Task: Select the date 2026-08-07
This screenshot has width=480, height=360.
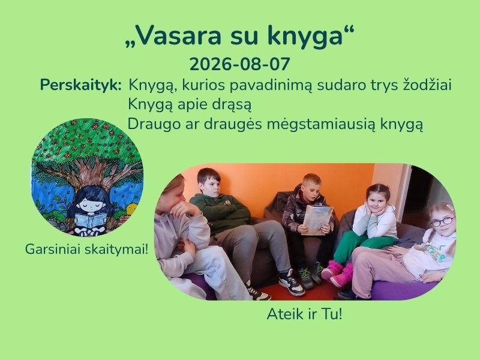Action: coord(239,64)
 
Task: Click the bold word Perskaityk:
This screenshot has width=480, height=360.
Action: coord(81,85)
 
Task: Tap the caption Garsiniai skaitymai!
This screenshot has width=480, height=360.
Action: coord(86,249)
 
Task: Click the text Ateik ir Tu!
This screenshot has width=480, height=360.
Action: coord(304,314)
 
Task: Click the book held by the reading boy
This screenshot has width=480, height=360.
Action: coord(317,220)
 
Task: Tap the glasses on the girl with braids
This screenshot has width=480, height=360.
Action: coord(443,221)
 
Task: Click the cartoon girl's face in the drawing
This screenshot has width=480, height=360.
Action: coord(91,204)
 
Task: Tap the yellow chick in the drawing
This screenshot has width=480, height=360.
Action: coord(132,209)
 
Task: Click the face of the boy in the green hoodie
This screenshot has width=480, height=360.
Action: coord(211,186)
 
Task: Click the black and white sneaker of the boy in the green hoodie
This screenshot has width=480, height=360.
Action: coord(291,283)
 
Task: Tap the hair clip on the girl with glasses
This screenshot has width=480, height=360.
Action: coord(449,207)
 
